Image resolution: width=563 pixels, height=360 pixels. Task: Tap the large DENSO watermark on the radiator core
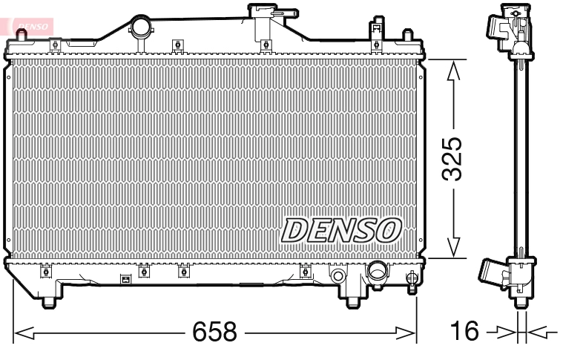pos(340,231)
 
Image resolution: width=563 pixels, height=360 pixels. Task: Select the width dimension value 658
pos(214,332)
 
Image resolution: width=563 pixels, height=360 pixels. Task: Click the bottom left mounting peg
pos(48,300)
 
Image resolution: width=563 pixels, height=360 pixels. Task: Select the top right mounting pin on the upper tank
pos(407,38)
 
